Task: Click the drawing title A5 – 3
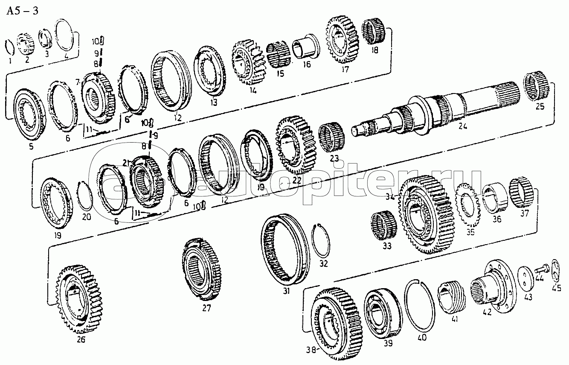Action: pos(22,11)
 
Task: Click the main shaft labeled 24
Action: pos(439,111)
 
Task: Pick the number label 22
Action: pos(297,181)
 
